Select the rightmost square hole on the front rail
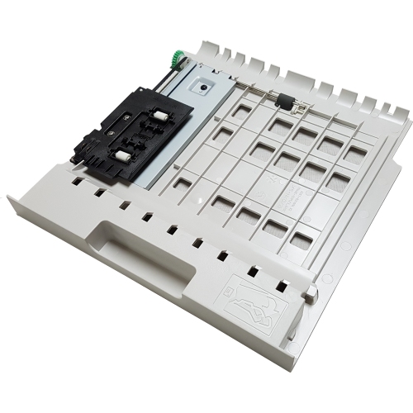click(x=282, y=286)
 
